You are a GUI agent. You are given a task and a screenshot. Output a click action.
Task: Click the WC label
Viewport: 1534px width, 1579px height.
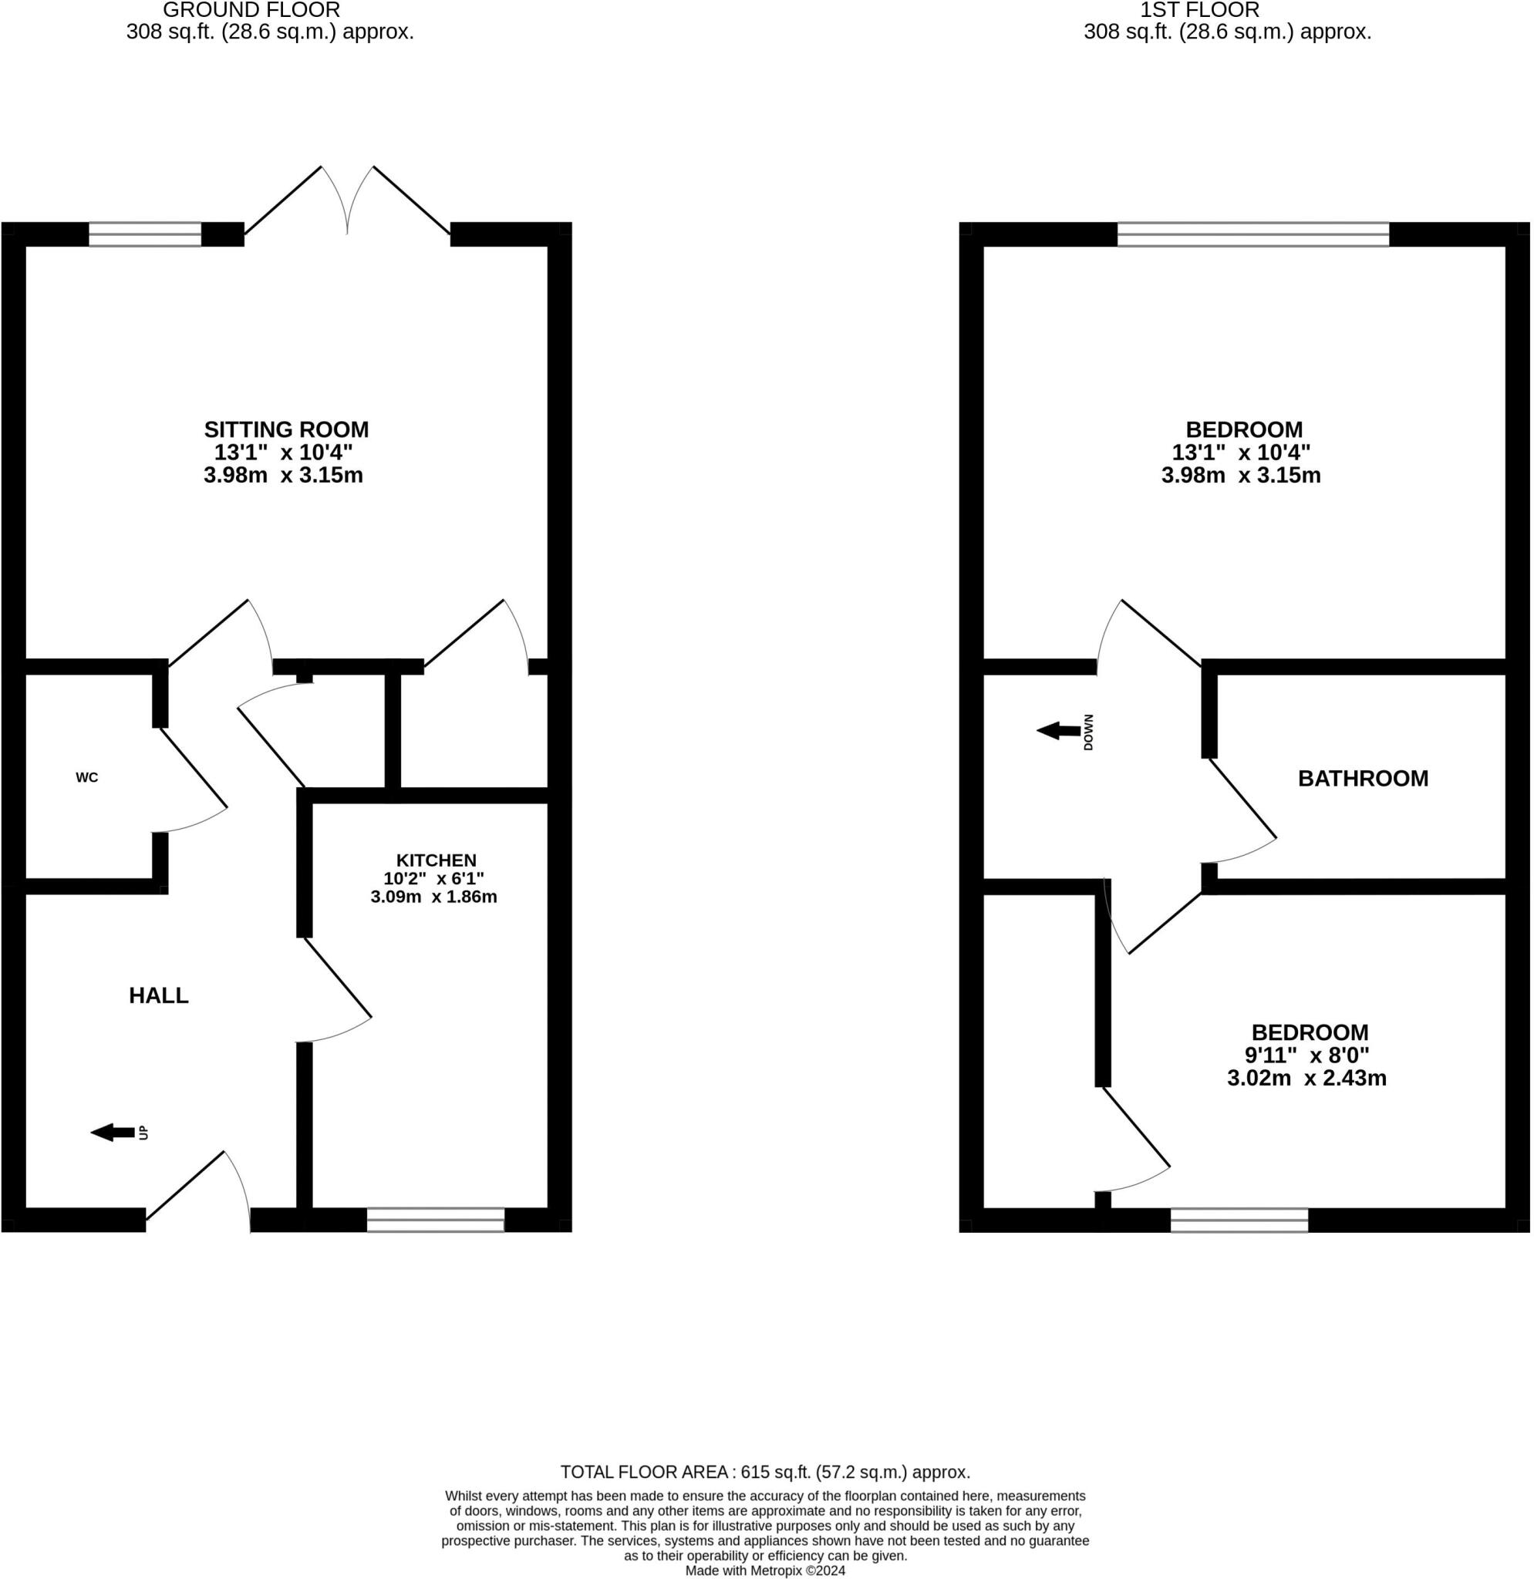87,777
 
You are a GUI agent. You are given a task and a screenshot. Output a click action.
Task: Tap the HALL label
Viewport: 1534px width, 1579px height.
159,995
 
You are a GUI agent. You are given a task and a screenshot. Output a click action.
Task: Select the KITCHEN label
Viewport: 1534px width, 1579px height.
436,860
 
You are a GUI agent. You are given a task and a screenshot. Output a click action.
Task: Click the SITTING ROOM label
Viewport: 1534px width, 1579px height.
286,429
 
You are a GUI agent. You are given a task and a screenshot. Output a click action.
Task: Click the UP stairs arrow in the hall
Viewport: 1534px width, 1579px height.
113,1133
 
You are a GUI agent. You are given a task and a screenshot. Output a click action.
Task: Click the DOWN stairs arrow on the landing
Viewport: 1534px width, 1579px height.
1059,732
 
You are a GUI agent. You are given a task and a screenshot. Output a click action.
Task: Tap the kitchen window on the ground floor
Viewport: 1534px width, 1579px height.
436,1220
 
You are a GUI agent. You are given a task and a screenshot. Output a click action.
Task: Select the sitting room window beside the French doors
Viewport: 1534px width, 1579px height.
145,234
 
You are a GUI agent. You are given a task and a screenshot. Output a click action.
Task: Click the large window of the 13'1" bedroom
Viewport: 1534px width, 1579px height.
1252,234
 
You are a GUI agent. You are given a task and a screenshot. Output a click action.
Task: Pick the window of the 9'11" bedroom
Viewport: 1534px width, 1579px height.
1239,1220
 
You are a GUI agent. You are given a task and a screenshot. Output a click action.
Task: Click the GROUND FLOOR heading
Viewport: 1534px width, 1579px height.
251,11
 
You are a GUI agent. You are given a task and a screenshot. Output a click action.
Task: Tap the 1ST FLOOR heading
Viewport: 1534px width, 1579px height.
1199,11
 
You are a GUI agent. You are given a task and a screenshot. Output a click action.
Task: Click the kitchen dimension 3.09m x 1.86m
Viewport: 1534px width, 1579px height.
433,897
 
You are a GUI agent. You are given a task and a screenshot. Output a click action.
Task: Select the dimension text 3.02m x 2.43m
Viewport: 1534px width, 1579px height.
1306,1078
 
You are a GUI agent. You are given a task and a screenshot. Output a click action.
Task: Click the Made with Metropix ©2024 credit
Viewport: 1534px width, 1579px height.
765,1571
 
